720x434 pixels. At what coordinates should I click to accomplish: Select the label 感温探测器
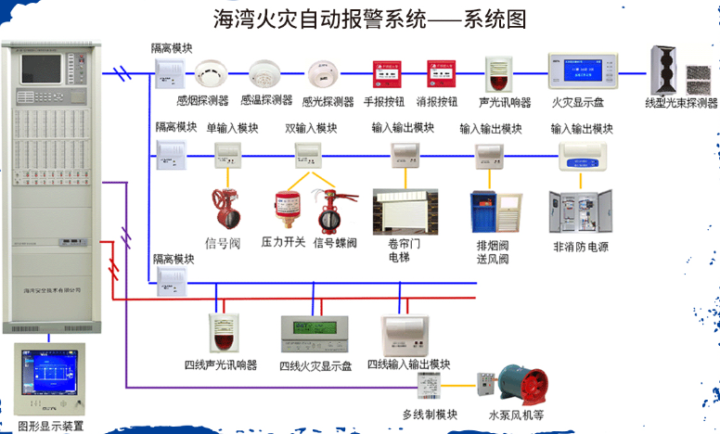coord(265,100)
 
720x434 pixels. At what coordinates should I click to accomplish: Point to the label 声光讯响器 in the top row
coord(505,102)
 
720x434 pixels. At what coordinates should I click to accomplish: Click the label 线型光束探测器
coord(682,102)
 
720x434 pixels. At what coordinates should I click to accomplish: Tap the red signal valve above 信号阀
coord(225,210)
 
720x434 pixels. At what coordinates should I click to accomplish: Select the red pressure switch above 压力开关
coord(284,211)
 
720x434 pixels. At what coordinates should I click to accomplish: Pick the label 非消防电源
coord(580,248)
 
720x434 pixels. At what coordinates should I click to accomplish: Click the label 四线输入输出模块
coord(408,364)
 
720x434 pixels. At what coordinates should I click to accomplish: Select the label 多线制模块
coord(430,415)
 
